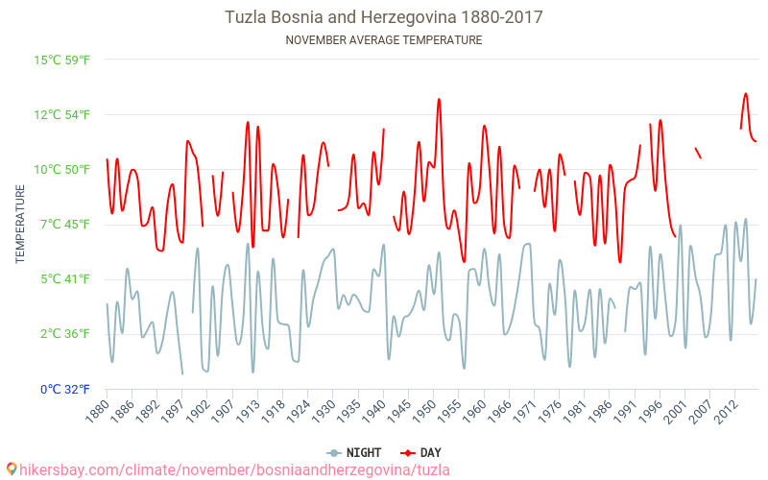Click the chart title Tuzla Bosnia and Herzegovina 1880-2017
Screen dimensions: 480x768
click(384, 17)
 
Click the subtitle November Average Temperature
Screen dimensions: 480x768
click(384, 40)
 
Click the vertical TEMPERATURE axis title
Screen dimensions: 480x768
click(20, 225)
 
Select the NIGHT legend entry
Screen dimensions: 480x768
click(354, 452)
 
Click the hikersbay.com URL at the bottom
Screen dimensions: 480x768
click(227, 469)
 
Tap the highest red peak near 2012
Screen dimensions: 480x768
click(746, 94)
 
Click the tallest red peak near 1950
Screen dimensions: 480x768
click(439, 99)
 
